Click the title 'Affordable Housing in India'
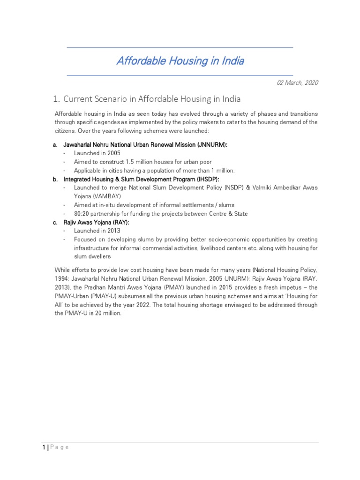(180, 61)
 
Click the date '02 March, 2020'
(297, 82)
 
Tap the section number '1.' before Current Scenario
(57, 99)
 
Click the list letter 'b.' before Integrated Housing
(55, 179)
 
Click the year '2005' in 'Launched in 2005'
(113, 153)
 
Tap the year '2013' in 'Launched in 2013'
(113, 231)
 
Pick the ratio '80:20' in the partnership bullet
(82, 214)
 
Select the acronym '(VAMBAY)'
(104, 196)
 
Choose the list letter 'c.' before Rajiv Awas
(55, 222)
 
